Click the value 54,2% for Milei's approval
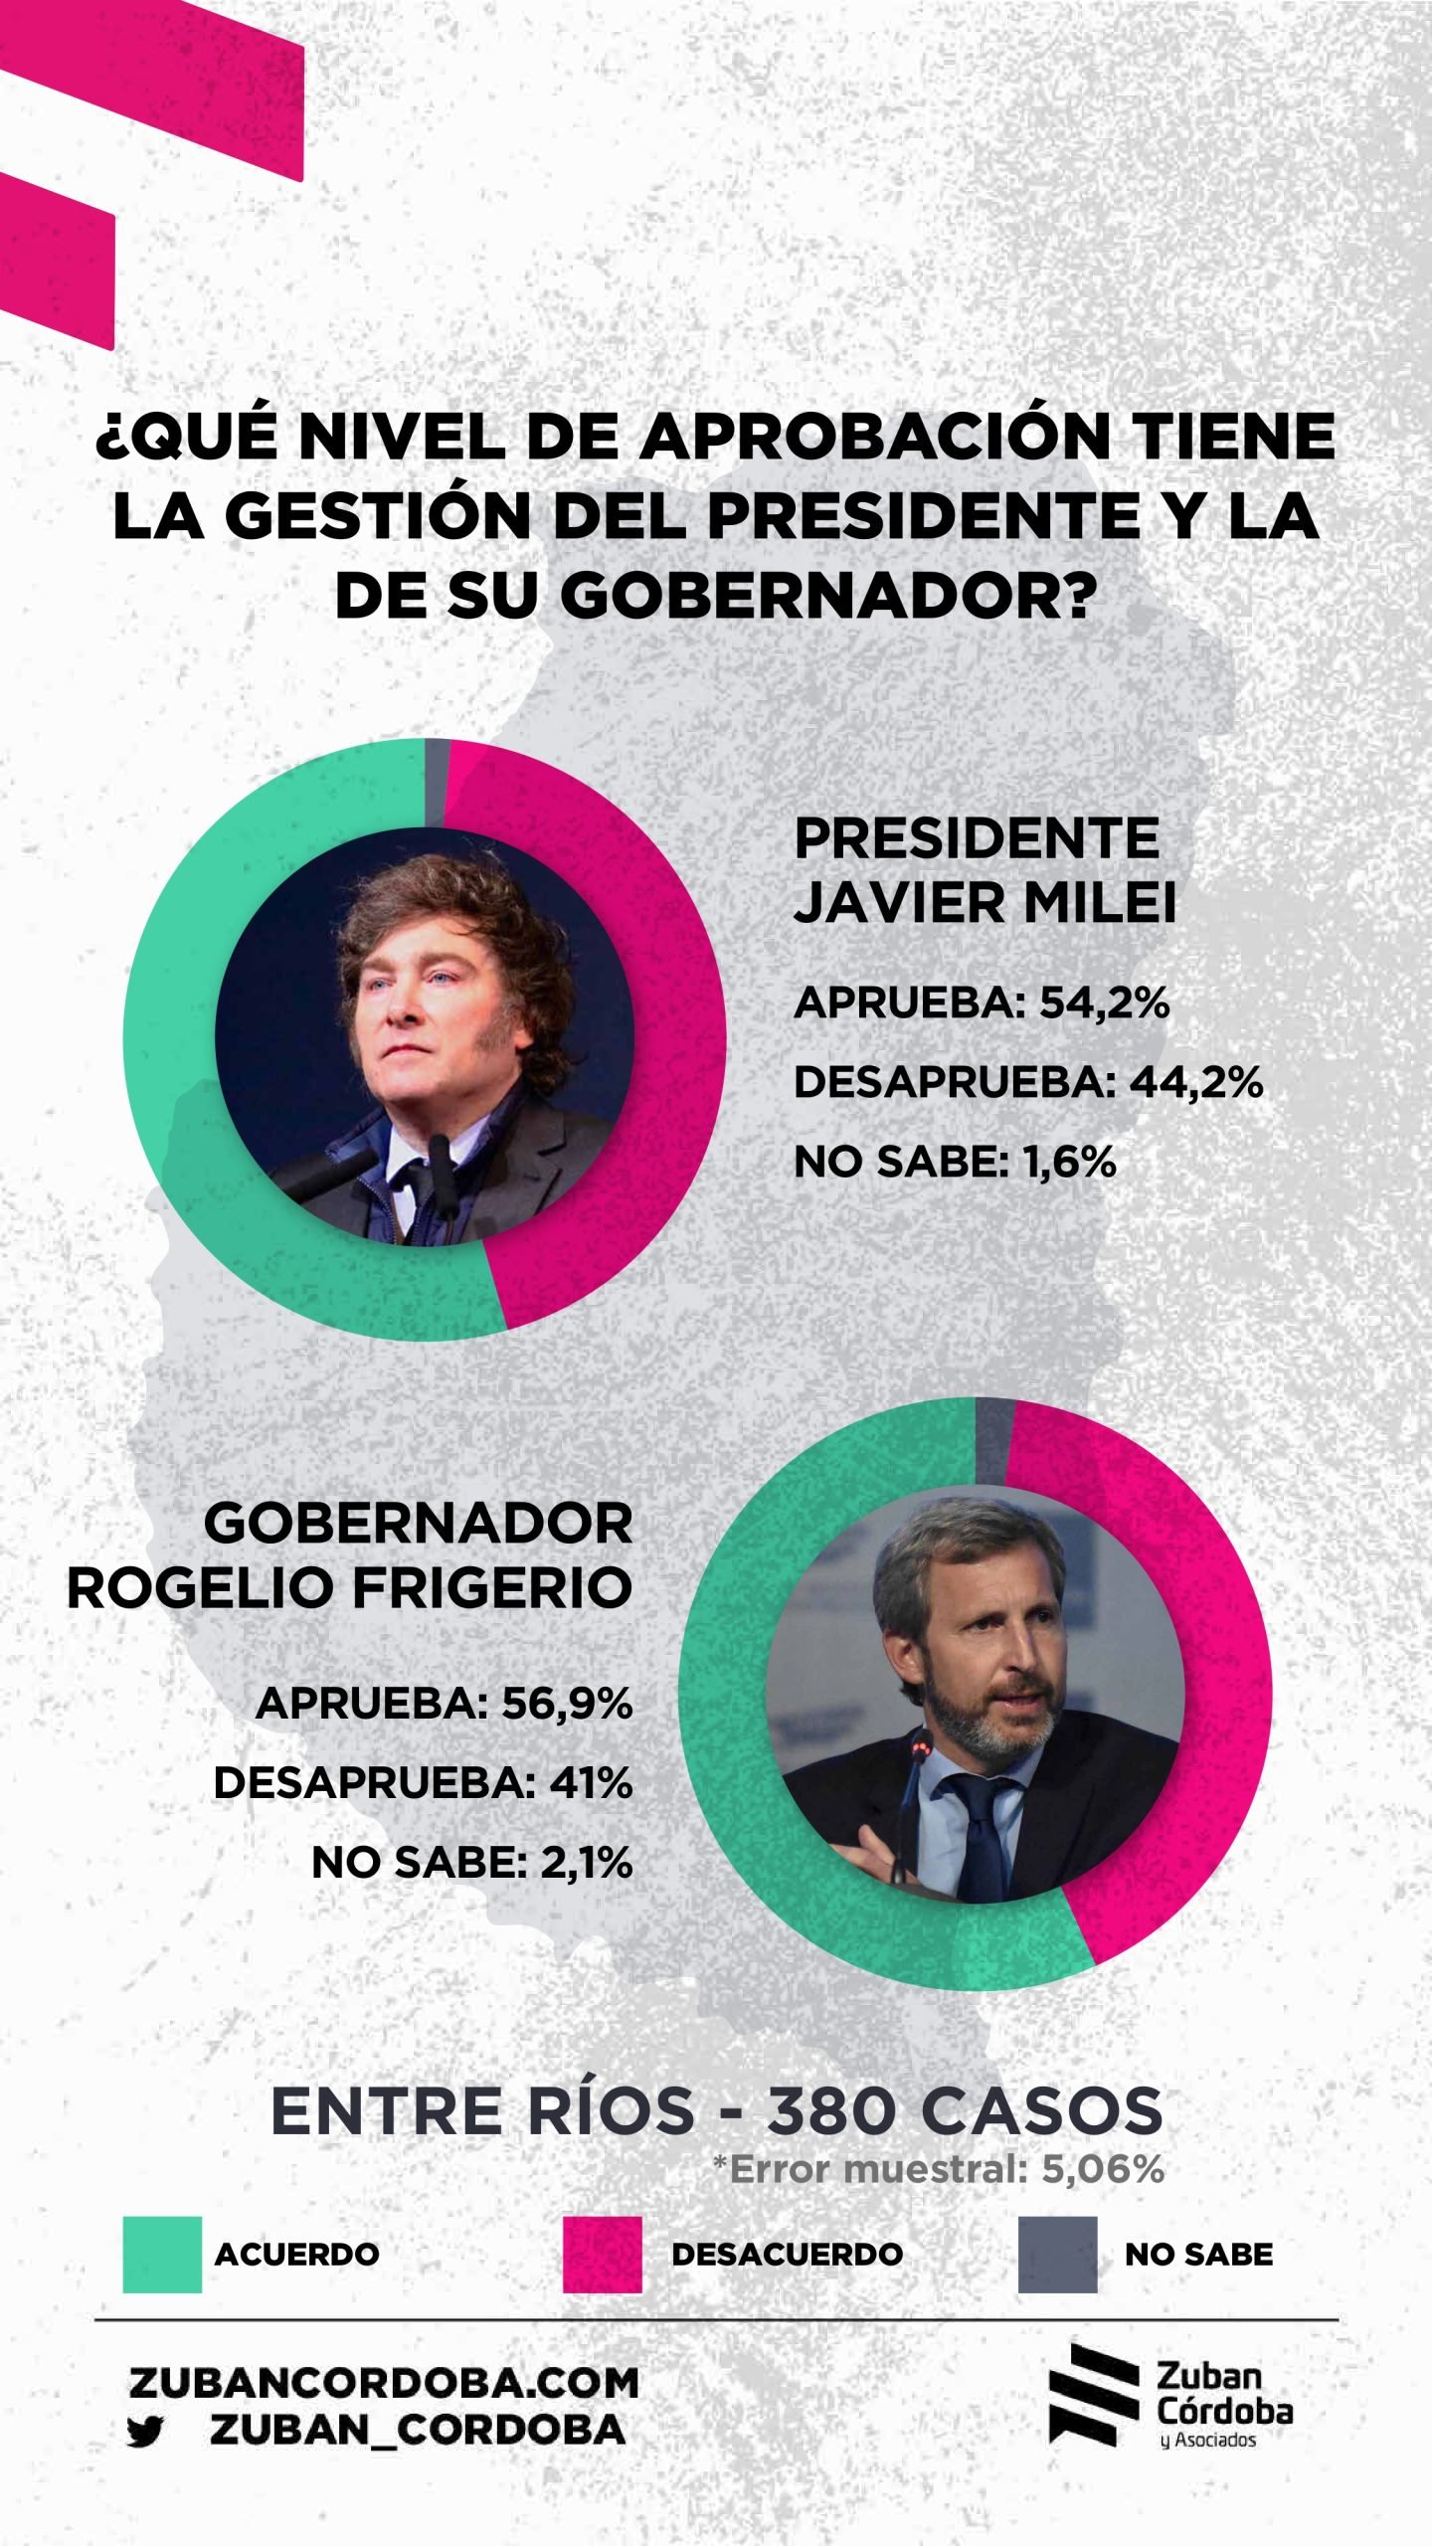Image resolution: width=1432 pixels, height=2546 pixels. click(x=1104, y=1004)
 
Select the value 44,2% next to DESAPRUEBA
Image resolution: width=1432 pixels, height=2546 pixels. click(x=1195, y=1083)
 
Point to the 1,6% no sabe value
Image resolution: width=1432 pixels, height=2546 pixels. click(x=1069, y=1162)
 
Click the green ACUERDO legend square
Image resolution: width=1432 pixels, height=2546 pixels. click(x=162, y=2254)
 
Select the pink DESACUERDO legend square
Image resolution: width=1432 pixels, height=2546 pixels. click(x=602, y=2254)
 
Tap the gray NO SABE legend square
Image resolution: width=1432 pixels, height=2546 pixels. click(x=1057, y=2254)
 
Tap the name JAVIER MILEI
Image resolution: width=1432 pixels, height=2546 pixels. click(x=984, y=903)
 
